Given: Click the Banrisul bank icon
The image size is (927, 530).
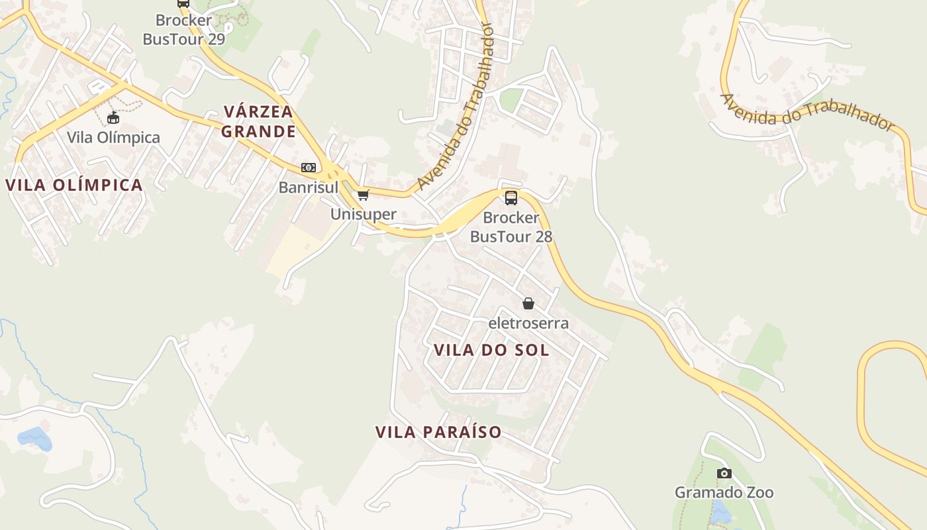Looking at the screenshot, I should [x=309, y=168].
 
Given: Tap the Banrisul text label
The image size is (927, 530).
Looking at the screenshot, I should [x=309, y=187].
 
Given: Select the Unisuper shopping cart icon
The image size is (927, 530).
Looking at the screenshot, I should [x=363, y=195].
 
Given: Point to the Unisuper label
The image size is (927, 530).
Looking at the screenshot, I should [x=364, y=214].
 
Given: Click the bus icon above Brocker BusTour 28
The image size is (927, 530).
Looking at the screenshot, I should [x=511, y=197].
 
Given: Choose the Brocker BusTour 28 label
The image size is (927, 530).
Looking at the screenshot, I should [x=511, y=227].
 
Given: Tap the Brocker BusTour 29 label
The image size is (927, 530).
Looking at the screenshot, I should [x=184, y=30].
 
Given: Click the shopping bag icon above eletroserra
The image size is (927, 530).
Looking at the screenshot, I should [x=528, y=303].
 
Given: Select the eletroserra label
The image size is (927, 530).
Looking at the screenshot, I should [x=528, y=323].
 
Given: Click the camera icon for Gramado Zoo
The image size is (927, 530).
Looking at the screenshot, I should [x=724, y=473].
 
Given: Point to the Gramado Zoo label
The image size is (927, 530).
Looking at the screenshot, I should [x=724, y=492].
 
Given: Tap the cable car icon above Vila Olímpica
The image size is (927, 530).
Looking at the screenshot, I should [x=113, y=118].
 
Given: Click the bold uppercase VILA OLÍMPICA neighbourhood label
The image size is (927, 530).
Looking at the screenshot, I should [x=75, y=185].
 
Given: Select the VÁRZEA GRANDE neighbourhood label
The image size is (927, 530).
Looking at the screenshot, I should [x=258, y=121].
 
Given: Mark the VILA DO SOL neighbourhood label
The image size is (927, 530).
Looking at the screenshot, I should [x=491, y=350].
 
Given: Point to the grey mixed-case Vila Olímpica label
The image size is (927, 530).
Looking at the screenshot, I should [x=113, y=138].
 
